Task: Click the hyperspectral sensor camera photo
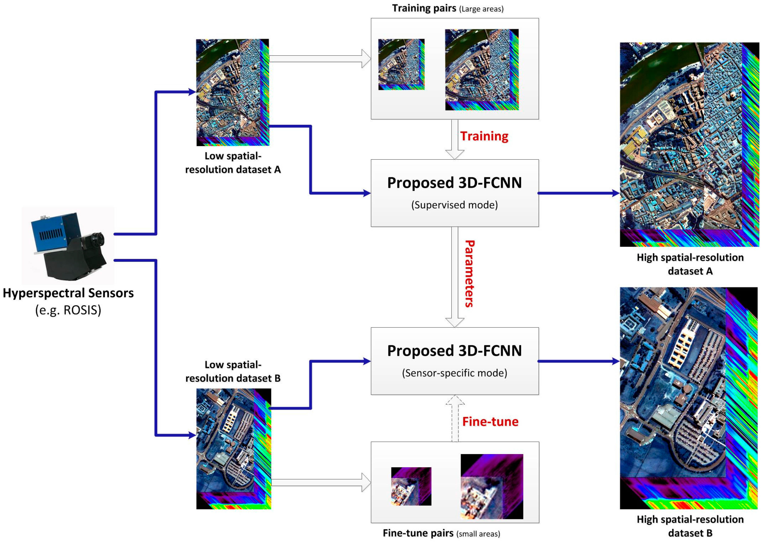(68, 245)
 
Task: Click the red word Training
(484, 136)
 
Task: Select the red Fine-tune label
(490, 422)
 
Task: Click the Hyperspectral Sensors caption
(68, 293)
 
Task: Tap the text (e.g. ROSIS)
(68, 310)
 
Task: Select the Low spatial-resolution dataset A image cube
(233, 92)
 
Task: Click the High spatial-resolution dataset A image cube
(689, 144)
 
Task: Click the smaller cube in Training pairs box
(401, 64)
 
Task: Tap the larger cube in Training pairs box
(482, 69)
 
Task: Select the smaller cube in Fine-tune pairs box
(411, 486)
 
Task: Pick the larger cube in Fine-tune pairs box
(492, 486)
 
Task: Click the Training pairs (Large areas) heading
(448, 8)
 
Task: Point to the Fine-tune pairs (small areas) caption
(441, 533)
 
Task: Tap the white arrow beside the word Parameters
(455, 277)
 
